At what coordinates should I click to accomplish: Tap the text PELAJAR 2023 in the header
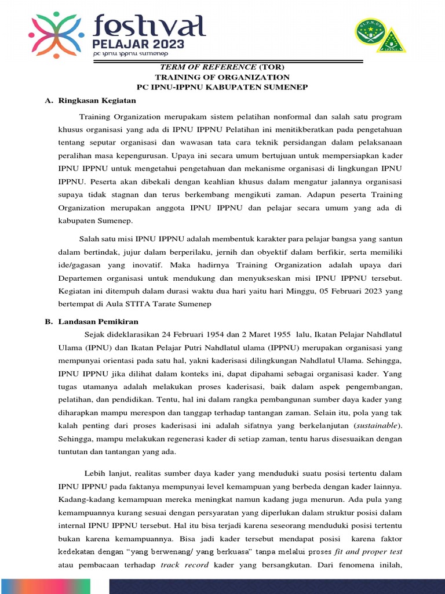point(139,44)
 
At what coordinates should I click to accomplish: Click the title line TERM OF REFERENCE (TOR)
point(221,67)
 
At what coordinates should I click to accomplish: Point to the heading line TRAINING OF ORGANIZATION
point(221,77)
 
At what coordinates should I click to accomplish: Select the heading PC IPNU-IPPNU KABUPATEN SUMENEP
point(221,87)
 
